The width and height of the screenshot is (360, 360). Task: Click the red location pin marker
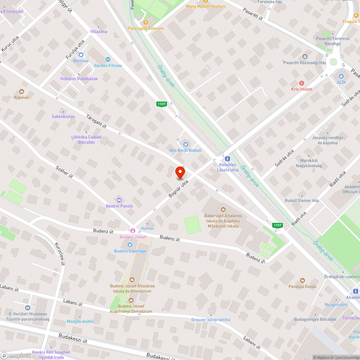coord(180,172)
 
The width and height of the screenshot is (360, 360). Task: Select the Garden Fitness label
coord(108,66)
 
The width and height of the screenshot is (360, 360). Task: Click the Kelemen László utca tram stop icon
coord(228,158)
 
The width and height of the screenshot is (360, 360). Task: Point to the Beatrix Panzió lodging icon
coord(120,200)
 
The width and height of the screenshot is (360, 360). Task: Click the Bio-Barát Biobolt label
coord(186,150)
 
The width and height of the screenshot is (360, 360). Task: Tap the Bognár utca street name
coord(179,189)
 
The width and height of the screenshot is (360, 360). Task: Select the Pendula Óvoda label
coord(302,287)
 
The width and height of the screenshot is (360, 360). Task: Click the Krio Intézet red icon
coord(302,83)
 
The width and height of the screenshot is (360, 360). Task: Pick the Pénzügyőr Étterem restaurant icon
coord(145,22)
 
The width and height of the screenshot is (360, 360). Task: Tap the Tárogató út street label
coord(96,121)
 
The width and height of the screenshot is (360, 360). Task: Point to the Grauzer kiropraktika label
coord(211,320)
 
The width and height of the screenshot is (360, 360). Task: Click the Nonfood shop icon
coord(81,55)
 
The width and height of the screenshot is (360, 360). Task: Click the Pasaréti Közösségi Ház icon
coord(305,57)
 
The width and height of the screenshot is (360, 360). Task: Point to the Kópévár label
coord(22,97)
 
